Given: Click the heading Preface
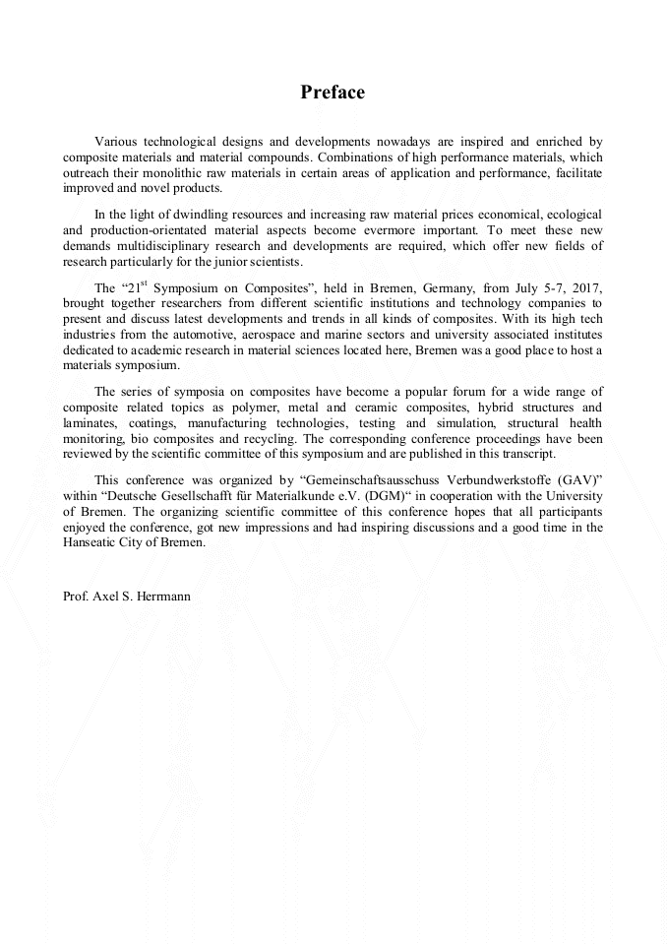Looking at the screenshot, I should click(x=333, y=93).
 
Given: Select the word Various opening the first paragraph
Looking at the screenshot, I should click(x=116, y=143).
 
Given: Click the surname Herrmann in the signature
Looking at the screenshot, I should click(x=164, y=597).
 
